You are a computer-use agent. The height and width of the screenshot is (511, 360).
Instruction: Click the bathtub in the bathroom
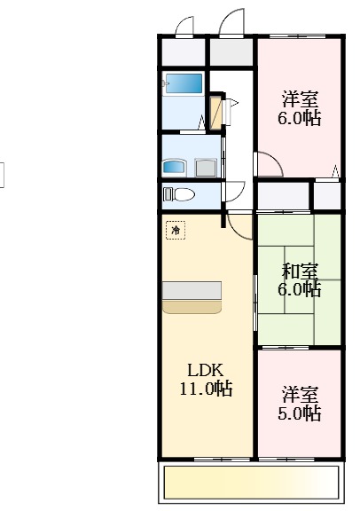point(184,84)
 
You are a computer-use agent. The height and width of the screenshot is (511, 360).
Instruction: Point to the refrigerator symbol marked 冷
point(176,231)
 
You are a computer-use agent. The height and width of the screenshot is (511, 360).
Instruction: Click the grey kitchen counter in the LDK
point(192,290)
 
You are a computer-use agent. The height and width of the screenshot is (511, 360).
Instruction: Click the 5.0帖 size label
point(300,413)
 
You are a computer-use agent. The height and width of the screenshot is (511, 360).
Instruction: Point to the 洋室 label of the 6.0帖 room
point(300,98)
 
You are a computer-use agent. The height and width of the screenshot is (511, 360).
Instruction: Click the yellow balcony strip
point(252,483)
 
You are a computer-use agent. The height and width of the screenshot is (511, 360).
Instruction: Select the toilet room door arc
point(234,192)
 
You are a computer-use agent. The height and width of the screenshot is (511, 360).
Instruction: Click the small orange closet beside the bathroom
point(217,112)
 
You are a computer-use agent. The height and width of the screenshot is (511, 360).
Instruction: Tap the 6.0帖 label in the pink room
point(300,117)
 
